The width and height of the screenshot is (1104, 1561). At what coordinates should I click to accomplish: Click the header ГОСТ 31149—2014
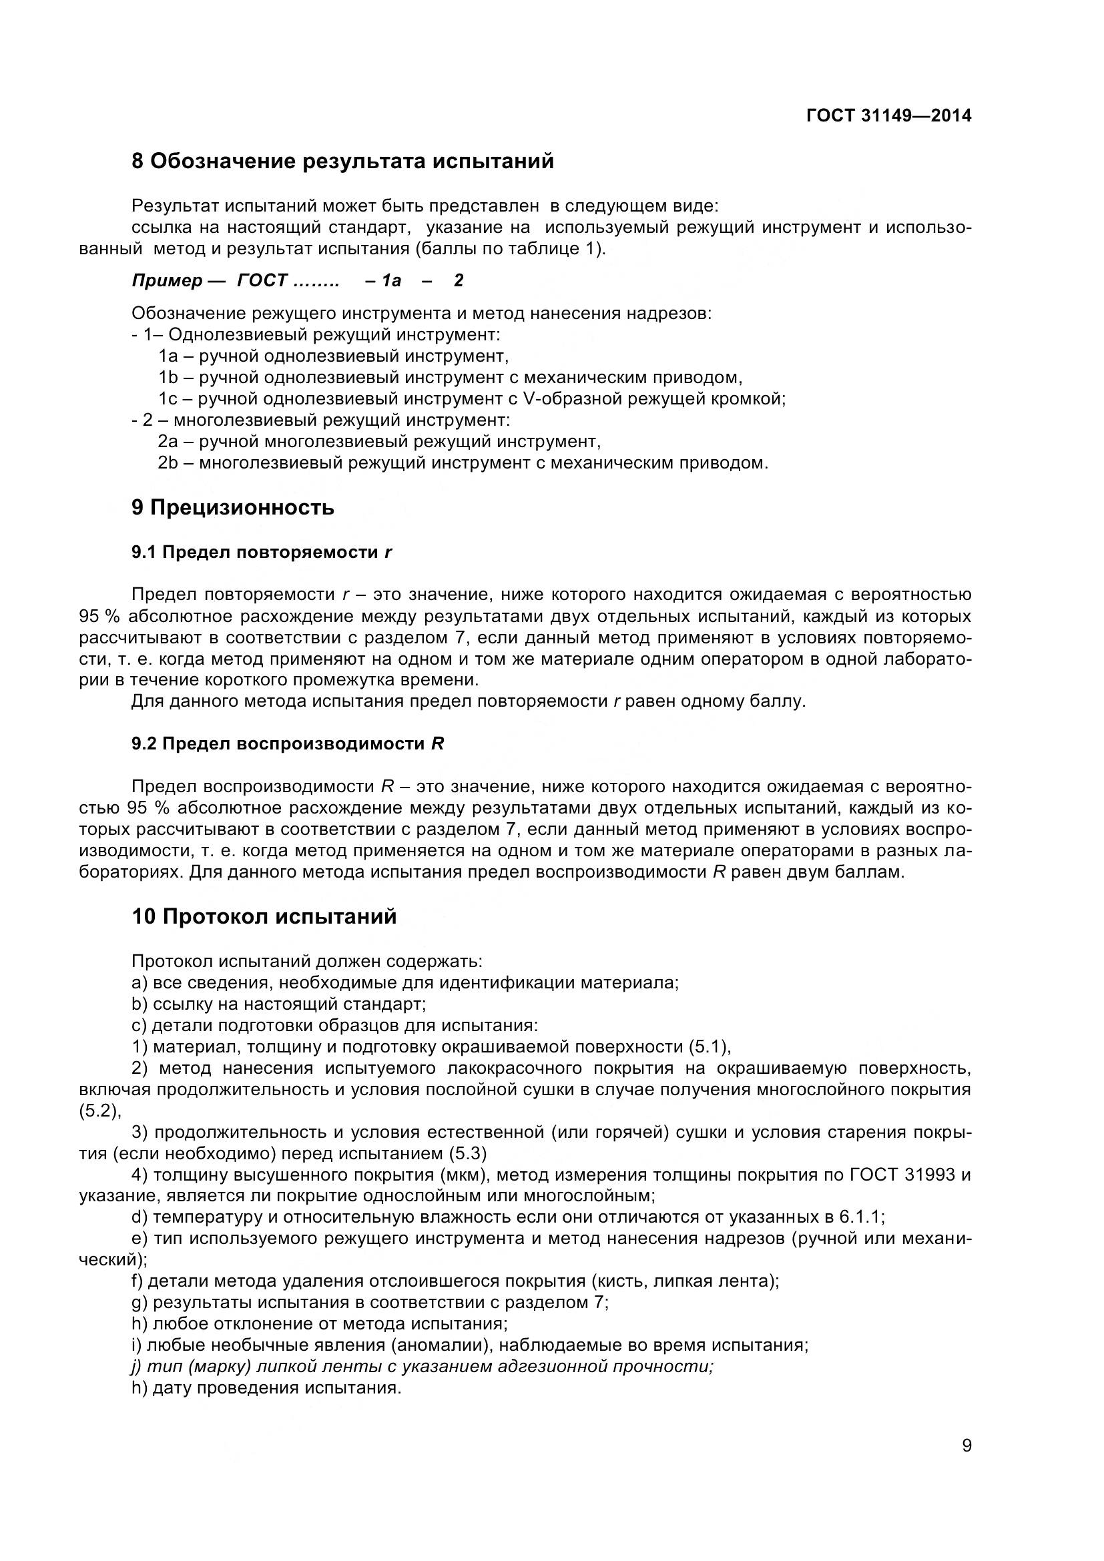point(888,116)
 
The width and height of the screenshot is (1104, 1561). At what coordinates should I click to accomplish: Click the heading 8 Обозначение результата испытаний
point(342,162)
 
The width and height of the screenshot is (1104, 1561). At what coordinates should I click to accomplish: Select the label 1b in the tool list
point(168,377)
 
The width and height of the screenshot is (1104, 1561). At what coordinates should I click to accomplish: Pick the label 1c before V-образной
point(168,399)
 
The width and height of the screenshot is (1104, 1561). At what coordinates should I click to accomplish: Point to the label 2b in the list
point(168,464)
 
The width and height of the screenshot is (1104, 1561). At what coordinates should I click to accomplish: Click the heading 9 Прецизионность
point(232,508)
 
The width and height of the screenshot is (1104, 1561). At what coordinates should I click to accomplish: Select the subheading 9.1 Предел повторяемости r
point(262,553)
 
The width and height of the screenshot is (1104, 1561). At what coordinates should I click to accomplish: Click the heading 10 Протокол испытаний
point(264,917)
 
